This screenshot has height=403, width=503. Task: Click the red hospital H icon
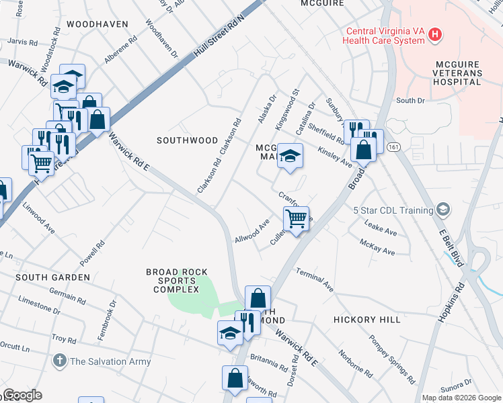coord(436,34)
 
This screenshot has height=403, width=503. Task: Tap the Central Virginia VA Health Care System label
coord(385,36)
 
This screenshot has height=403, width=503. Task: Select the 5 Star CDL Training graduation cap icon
coord(442,210)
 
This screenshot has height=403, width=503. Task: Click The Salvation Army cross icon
coord(60,361)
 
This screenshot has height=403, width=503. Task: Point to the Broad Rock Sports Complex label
coord(173,281)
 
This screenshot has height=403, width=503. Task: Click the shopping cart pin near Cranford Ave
coord(296,218)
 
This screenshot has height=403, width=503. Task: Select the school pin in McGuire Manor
coord(290,157)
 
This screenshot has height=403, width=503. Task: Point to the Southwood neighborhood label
coord(187,140)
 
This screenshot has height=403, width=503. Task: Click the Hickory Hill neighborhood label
coord(366,320)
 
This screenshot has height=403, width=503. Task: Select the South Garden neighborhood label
coord(52,277)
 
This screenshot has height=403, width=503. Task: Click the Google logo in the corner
coord(22,395)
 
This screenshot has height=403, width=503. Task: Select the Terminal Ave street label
coord(315,281)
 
